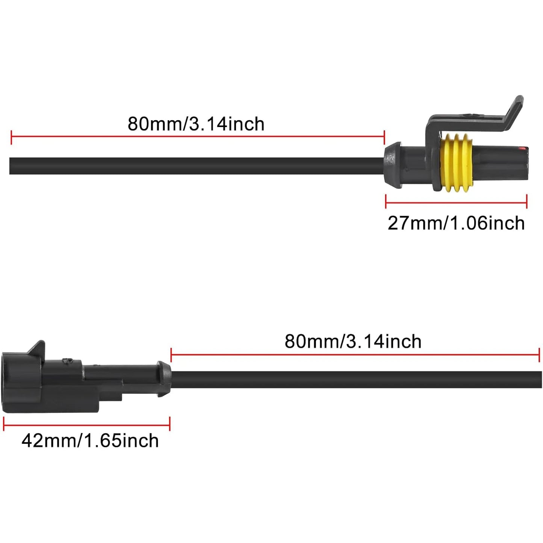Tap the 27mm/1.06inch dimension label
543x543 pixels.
(x=456, y=224)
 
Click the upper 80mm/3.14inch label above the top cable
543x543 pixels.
(x=196, y=124)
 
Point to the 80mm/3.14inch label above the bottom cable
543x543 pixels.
(x=353, y=342)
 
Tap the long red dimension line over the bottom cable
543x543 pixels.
(x=355, y=355)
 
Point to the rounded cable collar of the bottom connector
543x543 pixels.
(x=163, y=379)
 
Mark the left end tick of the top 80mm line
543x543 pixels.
(x=11, y=137)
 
